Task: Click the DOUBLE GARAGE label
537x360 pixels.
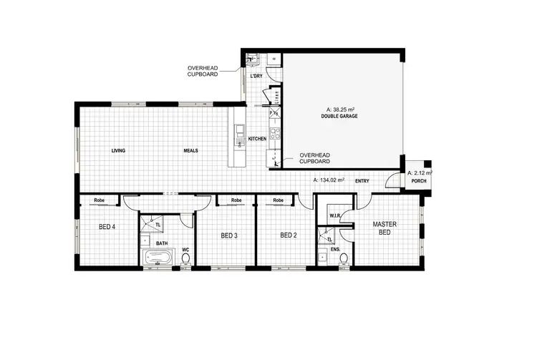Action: point(339,116)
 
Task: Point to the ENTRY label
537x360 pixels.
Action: point(362,181)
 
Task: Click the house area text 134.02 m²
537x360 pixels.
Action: point(329,180)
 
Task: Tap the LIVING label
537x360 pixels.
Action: point(119,150)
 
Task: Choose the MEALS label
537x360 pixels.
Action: point(190,150)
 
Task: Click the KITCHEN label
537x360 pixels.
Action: point(257,138)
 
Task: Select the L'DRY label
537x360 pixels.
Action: point(256,76)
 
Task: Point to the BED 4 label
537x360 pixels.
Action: point(107,227)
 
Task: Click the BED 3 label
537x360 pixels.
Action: point(228,235)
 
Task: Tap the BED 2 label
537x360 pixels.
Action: point(288,235)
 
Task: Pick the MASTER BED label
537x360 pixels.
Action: point(384,228)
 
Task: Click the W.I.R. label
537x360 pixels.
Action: point(334,215)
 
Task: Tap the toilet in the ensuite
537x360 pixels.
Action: point(344,259)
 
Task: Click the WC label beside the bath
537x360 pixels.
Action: point(185,250)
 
